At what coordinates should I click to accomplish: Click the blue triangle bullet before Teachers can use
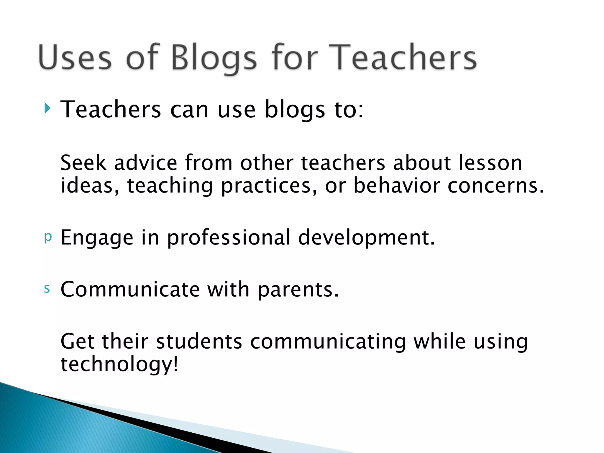point(47,109)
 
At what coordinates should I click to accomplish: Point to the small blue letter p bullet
point(48,237)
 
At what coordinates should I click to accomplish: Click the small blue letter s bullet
point(47,289)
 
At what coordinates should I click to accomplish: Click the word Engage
point(97,238)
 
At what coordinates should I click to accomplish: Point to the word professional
point(229,238)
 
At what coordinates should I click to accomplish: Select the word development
point(366,238)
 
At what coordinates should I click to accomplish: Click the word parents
point(298,290)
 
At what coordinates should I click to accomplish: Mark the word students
point(199,341)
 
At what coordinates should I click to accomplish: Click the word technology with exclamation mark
point(119,364)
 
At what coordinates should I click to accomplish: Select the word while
point(440,341)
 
